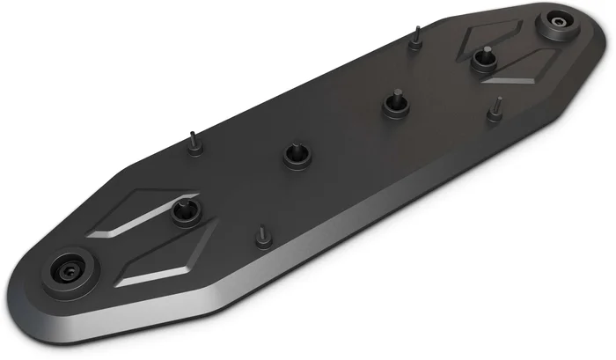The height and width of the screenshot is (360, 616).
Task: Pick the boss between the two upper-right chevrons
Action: tap(482, 60)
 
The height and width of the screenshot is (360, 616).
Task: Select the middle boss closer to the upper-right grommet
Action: tap(395, 105)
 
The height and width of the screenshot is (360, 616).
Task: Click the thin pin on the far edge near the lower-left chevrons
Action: tap(194, 143)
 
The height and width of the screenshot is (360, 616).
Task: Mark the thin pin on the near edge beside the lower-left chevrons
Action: tap(262, 238)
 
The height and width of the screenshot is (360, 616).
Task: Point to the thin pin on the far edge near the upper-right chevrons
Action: tap(415, 39)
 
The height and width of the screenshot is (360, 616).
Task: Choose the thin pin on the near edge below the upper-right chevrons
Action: tap(495, 111)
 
